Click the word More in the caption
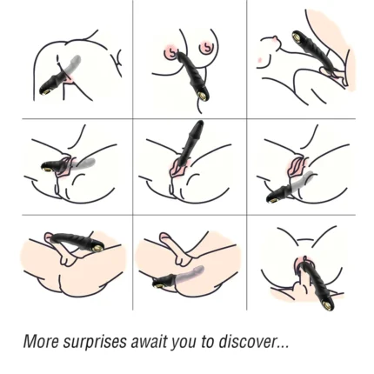tap(41, 342)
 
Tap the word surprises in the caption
tap(95, 342)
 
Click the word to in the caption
tap(207, 342)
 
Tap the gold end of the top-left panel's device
tap(46, 92)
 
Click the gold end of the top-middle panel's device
tap(203, 95)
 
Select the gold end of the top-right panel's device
tap(297, 37)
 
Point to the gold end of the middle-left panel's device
tap(46, 168)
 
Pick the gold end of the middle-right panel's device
tap(270, 199)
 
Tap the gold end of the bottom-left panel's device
tap(98, 247)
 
